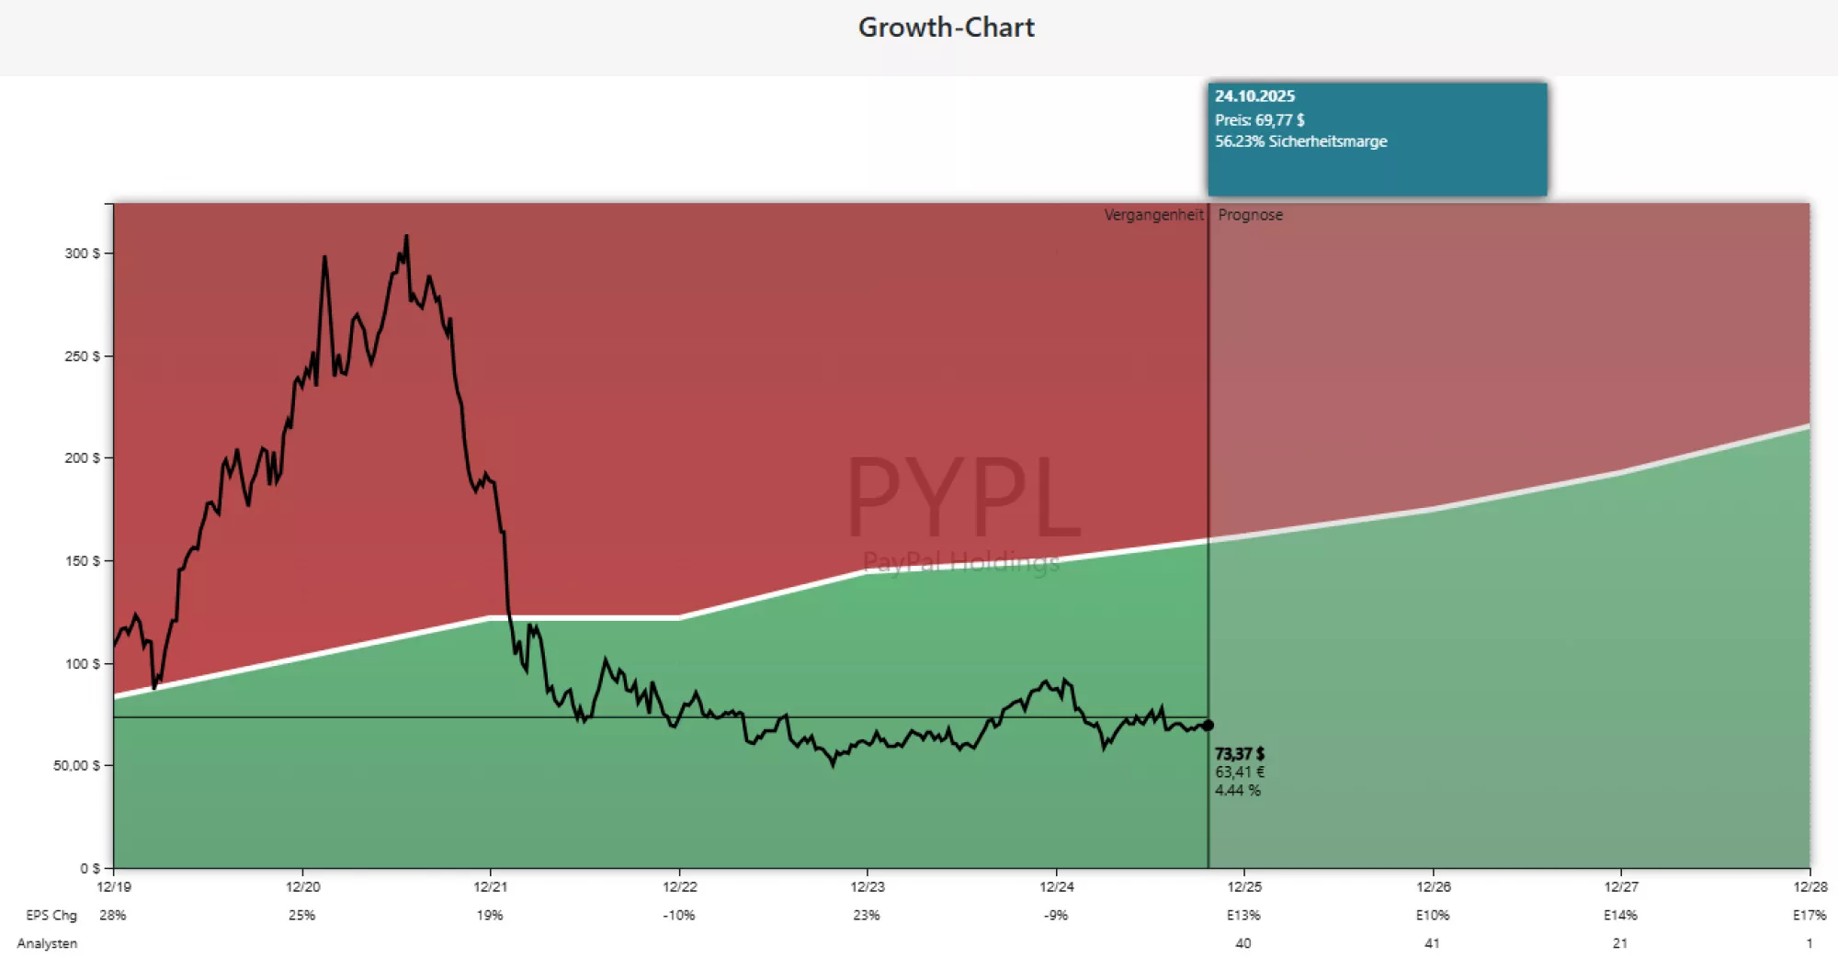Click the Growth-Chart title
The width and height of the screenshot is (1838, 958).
[946, 28]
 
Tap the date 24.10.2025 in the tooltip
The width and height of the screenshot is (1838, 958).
[1254, 96]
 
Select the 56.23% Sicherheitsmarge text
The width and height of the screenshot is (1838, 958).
[1300, 141]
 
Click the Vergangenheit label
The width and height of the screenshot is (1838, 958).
[1153, 215]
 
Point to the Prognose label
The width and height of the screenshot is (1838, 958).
[1250, 215]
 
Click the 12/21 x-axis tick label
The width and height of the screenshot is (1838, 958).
[490, 887]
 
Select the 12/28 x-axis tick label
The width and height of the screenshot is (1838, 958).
[1810, 887]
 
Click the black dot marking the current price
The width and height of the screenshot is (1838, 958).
[1208, 726]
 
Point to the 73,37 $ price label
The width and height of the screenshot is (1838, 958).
[1240, 754]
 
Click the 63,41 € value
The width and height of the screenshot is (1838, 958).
[1240, 772]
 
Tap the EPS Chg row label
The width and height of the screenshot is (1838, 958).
[51, 916]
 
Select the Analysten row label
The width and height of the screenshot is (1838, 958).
[47, 944]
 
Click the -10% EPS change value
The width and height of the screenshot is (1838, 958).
[679, 916]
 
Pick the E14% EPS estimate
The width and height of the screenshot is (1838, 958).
[1620, 916]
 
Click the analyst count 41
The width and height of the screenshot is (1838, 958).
[1432, 944]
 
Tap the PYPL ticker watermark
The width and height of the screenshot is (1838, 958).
[962, 497]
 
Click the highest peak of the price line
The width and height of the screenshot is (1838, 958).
[406, 237]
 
